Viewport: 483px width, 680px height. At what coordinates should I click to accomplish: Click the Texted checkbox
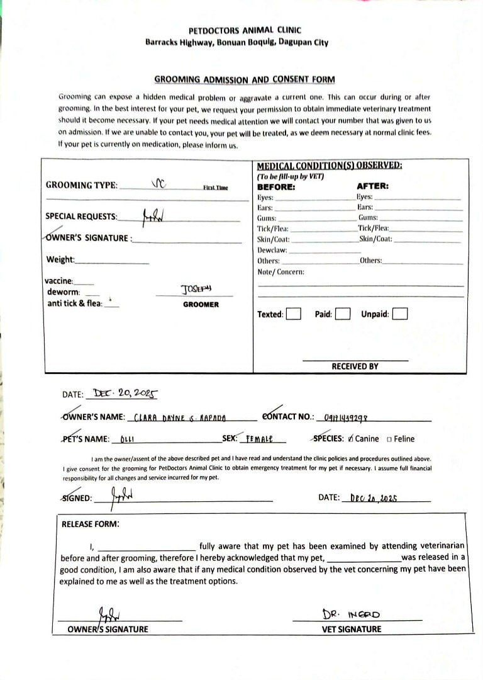(x=293, y=314)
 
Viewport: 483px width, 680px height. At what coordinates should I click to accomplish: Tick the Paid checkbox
(x=342, y=314)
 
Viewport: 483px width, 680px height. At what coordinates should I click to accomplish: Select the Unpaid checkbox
(x=400, y=314)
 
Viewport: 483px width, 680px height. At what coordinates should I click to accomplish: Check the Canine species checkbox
(x=350, y=439)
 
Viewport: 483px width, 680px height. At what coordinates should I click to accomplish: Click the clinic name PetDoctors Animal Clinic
(x=245, y=30)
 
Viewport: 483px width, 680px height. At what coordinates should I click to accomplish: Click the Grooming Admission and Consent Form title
(x=245, y=79)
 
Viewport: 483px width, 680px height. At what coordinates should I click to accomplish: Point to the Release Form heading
(x=91, y=523)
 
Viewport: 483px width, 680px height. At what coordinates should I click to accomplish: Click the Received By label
(x=355, y=366)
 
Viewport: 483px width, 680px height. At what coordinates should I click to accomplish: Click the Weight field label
(x=60, y=260)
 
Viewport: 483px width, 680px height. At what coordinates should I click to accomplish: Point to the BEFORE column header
(x=276, y=186)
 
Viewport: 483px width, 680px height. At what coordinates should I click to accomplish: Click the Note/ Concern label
(x=281, y=271)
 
